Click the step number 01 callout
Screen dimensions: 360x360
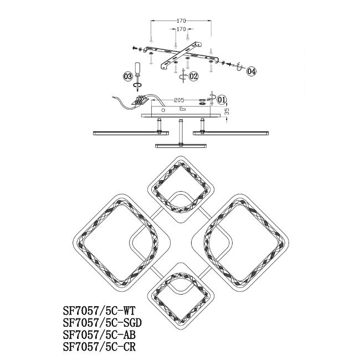pyautogui.click(x=222, y=100)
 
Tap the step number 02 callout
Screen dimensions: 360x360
pyautogui.click(x=193, y=77)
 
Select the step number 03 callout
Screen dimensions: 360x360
pyautogui.click(x=128, y=76)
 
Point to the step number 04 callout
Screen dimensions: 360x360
pyautogui.click(x=251, y=71)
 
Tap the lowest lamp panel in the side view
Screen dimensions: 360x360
pyautogui.click(x=181, y=145)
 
